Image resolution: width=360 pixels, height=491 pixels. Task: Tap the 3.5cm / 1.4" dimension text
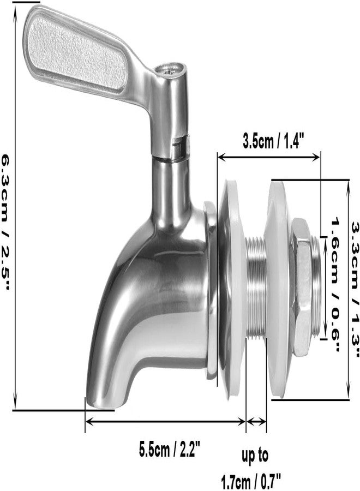[x=273, y=142]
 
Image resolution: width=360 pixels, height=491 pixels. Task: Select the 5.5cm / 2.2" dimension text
[x=169, y=450]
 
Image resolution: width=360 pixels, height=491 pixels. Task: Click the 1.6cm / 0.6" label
[x=335, y=285]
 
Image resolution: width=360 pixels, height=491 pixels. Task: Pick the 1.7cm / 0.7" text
[x=251, y=482]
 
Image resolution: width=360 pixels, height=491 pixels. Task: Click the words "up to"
[x=255, y=456]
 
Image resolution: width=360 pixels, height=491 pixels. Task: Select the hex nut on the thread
[x=301, y=286]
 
